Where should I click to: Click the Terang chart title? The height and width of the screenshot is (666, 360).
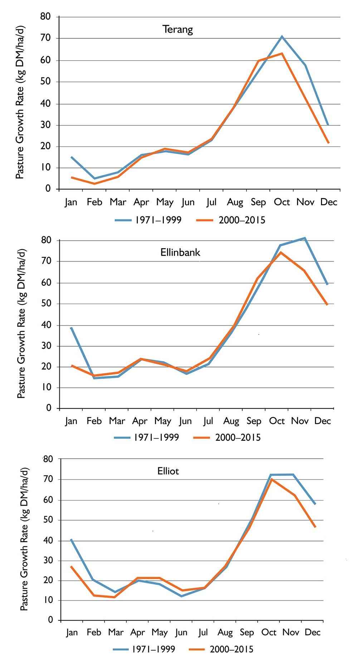click(x=177, y=29)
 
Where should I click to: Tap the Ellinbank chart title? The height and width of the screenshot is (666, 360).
click(x=180, y=252)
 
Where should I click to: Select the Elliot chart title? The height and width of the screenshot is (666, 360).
click(x=168, y=470)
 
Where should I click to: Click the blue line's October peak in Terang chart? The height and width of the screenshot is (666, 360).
click(x=282, y=36)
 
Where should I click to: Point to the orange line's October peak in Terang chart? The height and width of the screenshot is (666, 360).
click(x=282, y=53)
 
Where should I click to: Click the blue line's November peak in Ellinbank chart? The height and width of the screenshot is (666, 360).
click(x=305, y=238)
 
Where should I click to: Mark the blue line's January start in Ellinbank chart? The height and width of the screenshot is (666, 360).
click(x=71, y=328)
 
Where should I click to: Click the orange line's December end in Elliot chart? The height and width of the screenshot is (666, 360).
click(x=315, y=527)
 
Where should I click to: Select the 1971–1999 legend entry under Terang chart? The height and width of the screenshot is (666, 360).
click(x=148, y=220)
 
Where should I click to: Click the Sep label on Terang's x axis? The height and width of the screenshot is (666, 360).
click(x=258, y=202)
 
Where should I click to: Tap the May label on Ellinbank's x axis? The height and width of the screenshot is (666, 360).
click(x=162, y=421)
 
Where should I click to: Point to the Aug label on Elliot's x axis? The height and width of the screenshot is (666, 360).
click(x=225, y=633)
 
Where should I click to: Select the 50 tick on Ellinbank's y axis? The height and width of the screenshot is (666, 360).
click(x=47, y=304)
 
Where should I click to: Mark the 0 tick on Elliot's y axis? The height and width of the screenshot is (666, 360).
click(x=50, y=620)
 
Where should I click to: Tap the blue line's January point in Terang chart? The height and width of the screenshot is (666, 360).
click(x=72, y=157)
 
